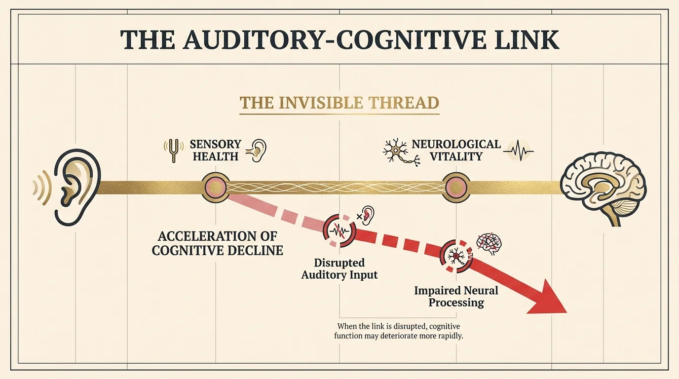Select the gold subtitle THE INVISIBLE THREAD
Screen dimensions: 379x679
(339, 103)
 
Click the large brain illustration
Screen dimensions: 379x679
(605, 188)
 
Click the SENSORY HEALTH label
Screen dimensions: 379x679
(216, 150)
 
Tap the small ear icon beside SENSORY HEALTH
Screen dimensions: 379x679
(258, 150)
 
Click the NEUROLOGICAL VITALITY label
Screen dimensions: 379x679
(456, 150)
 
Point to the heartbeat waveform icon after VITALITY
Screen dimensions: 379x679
(518, 151)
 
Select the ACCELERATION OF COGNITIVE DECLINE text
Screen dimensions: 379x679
(217, 243)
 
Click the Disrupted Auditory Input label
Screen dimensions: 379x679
(339, 268)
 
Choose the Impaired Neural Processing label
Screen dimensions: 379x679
(456, 296)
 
